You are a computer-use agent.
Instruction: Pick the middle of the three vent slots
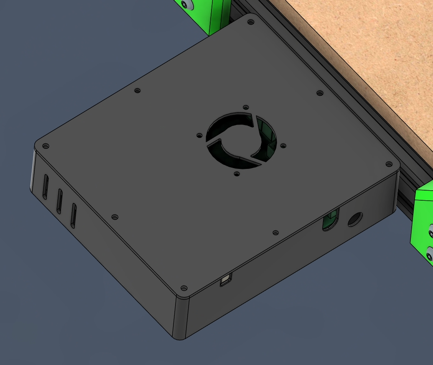click(59, 200)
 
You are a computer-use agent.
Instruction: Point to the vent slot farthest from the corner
click(74, 215)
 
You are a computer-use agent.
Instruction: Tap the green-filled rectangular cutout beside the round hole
click(330, 221)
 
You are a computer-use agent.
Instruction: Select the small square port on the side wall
click(226, 280)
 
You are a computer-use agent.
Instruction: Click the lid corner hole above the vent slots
click(46, 146)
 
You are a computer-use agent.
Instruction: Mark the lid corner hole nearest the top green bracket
click(251, 21)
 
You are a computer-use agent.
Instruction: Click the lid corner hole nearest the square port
click(183, 288)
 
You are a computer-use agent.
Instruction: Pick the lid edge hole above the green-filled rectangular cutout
click(275, 232)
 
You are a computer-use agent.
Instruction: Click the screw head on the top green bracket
click(187, 4)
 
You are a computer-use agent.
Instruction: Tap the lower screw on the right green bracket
click(429, 253)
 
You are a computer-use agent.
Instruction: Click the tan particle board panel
click(376, 50)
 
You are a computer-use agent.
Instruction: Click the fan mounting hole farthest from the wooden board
click(237, 173)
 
